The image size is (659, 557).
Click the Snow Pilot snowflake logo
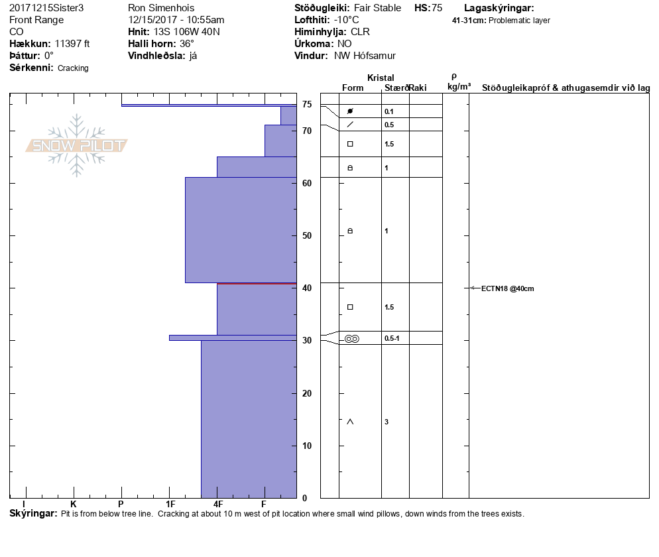point(77,145)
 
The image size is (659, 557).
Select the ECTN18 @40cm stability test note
point(507,288)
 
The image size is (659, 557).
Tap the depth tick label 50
point(307,235)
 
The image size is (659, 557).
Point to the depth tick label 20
point(307,393)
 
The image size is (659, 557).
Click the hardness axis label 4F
point(218,505)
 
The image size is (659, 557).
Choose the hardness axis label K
point(74,505)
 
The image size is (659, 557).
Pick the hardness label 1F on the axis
point(170,505)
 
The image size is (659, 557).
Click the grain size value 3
point(387,422)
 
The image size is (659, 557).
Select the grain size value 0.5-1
point(392,339)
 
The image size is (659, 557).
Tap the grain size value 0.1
point(389,111)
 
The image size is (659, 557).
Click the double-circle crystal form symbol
point(351,339)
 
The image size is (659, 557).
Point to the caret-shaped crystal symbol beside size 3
point(350,422)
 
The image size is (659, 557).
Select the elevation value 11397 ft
point(72,44)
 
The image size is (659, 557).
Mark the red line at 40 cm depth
point(257,284)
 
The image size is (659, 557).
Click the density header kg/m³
point(459,87)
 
